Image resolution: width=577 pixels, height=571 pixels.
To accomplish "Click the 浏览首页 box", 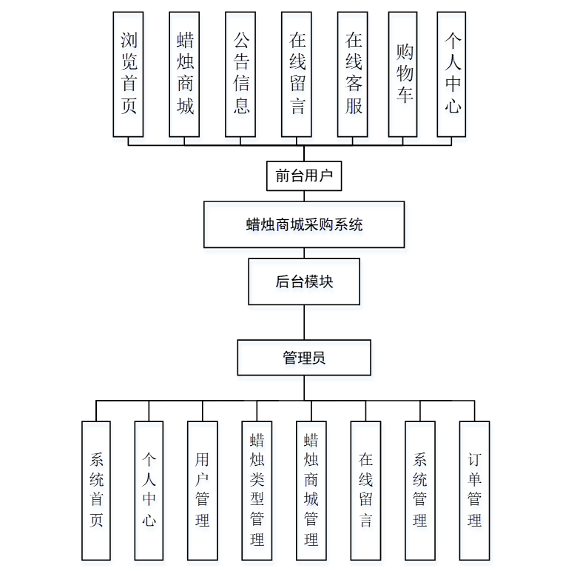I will click(x=128, y=74).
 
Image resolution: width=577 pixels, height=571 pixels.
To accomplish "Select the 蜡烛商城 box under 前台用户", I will click(x=184, y=74).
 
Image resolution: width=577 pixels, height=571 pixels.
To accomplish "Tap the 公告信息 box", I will click(x=240, y=74).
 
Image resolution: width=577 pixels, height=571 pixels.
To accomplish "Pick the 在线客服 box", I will click(x=353, y=74).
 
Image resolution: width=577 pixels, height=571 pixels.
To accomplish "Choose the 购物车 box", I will click(x=403, y=74).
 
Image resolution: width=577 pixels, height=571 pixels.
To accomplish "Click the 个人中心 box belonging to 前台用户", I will click(x=451, y=74).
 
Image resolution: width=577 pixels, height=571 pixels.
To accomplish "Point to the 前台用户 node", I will click(x=304, y=176).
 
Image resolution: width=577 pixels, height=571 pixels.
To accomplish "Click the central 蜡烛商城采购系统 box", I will click(x=304, y=224).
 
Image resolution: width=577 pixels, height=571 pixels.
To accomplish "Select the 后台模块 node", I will click(x=304, y=281).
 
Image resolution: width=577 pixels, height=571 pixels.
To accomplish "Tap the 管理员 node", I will click(x=304, y=358).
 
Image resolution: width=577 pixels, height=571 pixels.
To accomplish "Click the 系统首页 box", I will click(x=96, y=490).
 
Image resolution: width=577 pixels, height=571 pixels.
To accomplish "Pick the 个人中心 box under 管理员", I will click(x=149, y=490).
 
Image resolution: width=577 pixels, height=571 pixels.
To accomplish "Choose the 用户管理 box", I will click(x=203, y=490).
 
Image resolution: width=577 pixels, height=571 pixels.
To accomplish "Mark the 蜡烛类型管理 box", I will click(x=257, y=490).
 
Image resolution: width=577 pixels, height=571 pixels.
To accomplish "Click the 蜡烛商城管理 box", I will click(x=311, y=490).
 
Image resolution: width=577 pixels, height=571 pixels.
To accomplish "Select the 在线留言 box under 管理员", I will click(x=365, y=490).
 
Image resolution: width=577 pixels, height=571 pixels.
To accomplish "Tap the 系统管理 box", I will click(x=420, y=490).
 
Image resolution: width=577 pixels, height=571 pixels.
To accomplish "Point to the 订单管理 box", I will click(x=474, y=490).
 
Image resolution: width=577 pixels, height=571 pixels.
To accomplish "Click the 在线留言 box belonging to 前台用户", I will click(x=297, y=74).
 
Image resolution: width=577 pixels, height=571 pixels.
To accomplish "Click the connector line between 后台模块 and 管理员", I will click(x=304, y=322).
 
